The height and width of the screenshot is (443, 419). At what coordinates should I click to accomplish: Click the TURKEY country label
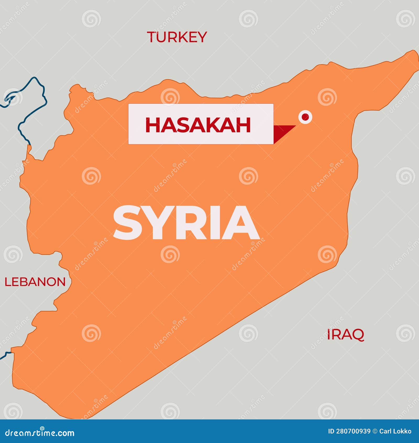pos(177,37)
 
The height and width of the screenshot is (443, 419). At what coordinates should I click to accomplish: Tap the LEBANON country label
pos(35,282)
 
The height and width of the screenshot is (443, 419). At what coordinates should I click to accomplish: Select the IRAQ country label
pos(345,334)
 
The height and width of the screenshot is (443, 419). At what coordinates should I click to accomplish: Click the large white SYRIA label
pos(186,223)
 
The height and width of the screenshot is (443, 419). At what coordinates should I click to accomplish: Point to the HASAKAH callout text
pos(198,125)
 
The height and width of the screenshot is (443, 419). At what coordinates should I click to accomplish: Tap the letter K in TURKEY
pos(184,37)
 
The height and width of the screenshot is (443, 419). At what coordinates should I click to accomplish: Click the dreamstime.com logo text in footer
pos(40,433)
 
